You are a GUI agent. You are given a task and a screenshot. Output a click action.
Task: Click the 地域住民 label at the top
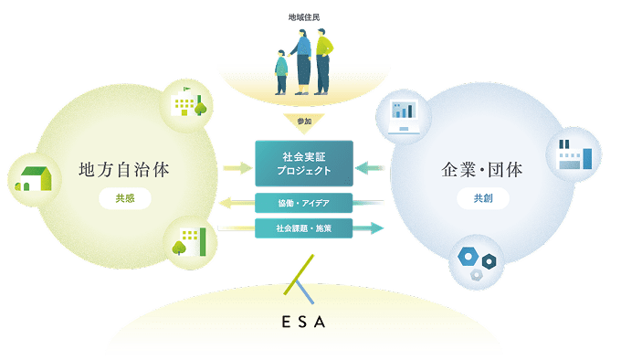(x=304, y=17)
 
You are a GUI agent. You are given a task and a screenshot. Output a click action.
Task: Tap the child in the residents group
(x=281, y=72)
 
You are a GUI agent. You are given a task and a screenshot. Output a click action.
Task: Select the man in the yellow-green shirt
(x=323, y=61)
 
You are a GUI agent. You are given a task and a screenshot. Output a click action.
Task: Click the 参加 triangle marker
(x=304, y=122)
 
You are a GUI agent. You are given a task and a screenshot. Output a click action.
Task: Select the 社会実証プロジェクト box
(x=304, y=164)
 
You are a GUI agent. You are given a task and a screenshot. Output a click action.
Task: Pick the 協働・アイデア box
(x=304, y=203)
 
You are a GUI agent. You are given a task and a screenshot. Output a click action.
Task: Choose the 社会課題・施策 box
(x=304, y=228)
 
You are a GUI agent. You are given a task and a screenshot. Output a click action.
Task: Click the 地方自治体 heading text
(x=124, y=170)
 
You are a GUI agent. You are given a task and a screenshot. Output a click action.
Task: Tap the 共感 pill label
(x=125, y=198)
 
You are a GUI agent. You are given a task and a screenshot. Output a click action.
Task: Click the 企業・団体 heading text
(x=482, y=170)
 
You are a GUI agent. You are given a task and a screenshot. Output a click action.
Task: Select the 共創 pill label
(x=483, y=198)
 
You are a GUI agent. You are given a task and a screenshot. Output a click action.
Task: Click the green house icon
(x=34, y=179)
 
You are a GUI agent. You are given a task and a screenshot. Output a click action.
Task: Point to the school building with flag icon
(x=188, y=102)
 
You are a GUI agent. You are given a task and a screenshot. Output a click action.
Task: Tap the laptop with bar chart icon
(x=404, y=117)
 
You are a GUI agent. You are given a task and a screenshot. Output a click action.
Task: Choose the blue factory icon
(x=575, y=154)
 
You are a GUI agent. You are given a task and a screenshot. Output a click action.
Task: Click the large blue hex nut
(x=468, y=257)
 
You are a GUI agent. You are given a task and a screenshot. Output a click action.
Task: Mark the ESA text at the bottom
(x=304, y=322)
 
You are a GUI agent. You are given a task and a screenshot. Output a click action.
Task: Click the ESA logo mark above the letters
(x=300, y=279)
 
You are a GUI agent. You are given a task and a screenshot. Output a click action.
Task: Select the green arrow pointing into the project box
(x=237, y=168)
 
